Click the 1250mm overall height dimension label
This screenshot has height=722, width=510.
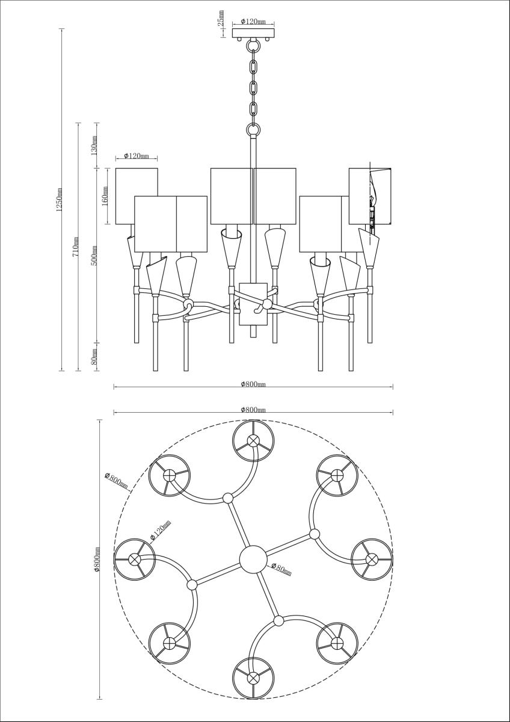coord(59,200)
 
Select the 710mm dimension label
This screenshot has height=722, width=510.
coord(76,247)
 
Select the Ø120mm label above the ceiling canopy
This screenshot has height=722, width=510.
coord(253,22)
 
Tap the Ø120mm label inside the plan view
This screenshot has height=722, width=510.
coord(161,530)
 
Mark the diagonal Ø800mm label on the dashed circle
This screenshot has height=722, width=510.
coord(116,482)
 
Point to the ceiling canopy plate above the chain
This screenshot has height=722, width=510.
coord(253,32)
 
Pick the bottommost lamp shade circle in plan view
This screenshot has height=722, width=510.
coord(253,677)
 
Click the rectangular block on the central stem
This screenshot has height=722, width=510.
coord(253,304)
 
